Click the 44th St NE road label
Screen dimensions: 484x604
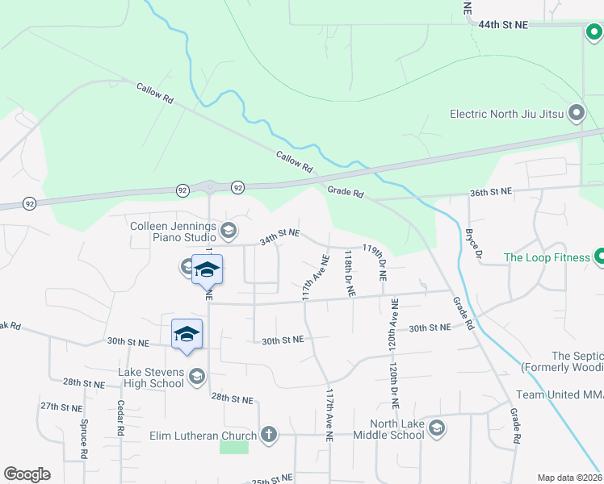point(501,25)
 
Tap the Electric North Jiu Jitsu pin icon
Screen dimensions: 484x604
point(576,114)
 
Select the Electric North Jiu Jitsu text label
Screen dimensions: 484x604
point(506,114)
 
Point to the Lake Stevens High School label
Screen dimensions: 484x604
point(151,378)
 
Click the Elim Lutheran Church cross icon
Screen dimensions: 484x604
point(269,436)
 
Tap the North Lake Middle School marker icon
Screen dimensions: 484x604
point(437,427)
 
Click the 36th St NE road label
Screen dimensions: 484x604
point(491,192)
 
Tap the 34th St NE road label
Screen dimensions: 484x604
point(279,236)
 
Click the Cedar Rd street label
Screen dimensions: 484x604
point(119,418)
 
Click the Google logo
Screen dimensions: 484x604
point(27,474)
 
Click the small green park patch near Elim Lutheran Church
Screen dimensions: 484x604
point(234,445)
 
